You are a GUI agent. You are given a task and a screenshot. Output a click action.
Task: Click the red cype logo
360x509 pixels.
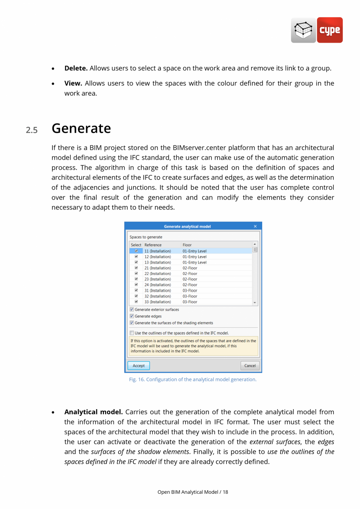click(x=329, y=30)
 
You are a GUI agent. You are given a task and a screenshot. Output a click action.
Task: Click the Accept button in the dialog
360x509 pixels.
click(x=139, y=366)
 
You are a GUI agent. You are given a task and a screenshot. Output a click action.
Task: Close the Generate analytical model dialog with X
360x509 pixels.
click(x=255, y=226)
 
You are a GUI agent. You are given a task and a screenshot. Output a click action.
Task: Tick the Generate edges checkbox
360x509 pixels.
click(x=132, y=316)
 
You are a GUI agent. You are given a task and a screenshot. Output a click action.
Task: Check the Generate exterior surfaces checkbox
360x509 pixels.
click(x=132, y=310)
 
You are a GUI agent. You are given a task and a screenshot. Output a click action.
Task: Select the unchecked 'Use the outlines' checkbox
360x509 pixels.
click(x=132, y=333)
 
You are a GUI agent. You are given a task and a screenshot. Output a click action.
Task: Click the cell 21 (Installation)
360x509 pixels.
click(x=157, y=268)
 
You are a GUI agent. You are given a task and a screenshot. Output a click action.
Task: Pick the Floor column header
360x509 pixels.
click(x=187, y=245)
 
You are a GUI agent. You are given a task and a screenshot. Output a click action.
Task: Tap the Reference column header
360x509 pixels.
click(x=153, y=245)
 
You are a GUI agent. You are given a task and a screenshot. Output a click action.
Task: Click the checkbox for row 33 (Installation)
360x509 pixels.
click(x=136, y=302)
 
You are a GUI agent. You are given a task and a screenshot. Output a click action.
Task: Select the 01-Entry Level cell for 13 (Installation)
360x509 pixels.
click(x=194, y=262)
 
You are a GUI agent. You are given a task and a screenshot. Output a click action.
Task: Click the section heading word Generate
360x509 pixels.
click(x=81, y=128)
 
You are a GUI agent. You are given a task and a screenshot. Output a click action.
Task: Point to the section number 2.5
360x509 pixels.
click(x=32, y=130)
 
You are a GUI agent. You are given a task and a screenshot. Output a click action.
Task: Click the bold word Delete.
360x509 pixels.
click(x=76, y=68)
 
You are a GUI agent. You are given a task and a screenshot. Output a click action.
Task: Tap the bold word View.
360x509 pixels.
click(x=73, y=83)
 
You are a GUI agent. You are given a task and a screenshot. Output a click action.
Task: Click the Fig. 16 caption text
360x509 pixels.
click(x=193, y=379)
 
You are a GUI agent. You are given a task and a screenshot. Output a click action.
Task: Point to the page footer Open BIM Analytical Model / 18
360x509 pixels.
click(x=193, y=492)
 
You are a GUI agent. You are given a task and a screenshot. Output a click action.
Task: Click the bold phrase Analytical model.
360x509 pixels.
click(x=94, y=412)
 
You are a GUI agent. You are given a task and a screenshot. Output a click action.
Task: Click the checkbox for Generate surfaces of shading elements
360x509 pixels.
click(x=132, y=323)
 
